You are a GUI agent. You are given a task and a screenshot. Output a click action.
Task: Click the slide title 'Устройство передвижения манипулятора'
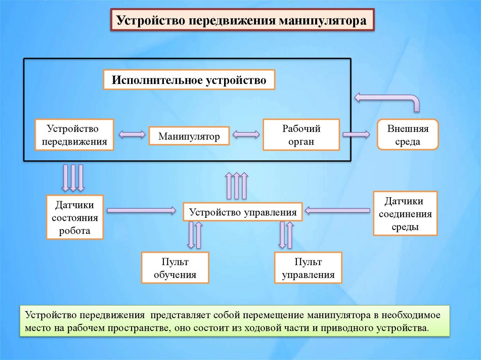tap(242, 21)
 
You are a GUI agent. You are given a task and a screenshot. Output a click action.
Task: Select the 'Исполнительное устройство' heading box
tap(189, 80)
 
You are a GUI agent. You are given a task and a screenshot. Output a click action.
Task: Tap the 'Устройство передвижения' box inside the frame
tap(74, 135)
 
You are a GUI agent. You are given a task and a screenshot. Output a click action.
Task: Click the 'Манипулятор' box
tap(189, 136)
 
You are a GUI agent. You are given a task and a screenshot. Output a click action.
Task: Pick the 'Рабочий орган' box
tap(301, 135)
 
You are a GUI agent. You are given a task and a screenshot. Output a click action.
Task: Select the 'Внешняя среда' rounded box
tap(408, 135)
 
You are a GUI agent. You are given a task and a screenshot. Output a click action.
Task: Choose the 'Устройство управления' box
tap(243, 212)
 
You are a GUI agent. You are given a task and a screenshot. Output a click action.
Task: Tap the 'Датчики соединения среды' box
tap(405, 214)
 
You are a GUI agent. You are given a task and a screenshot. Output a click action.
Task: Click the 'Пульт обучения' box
tap(175, 268)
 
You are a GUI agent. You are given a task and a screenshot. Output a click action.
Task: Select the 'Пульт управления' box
tap(308, 268)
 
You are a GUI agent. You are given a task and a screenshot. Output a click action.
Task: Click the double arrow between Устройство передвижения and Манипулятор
tap(132, 135)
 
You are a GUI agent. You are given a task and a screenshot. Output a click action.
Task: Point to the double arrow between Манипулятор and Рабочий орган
tap(246, 135)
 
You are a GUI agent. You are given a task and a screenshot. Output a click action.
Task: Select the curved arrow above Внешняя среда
tap(390, 100)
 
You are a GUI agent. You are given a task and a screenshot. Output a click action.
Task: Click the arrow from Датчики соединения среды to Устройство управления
tap(337, 210)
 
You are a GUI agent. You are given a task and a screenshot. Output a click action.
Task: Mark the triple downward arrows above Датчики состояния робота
tap(73, 177)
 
